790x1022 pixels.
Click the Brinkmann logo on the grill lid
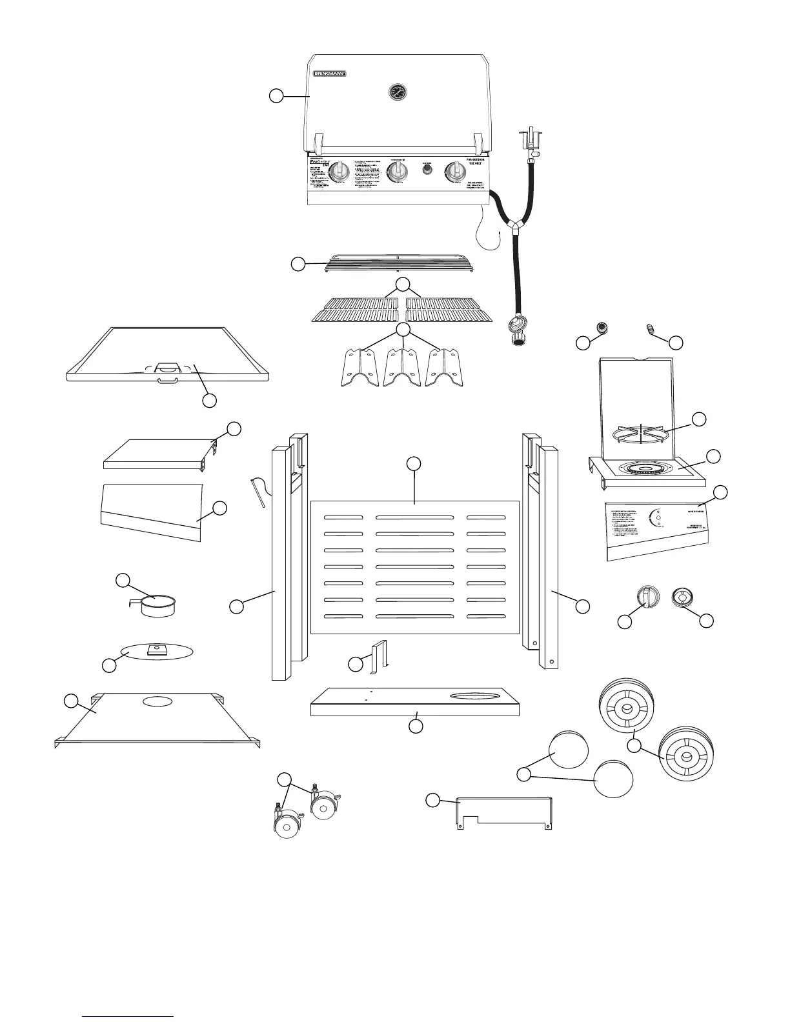tap(330, 74)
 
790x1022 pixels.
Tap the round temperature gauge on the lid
tap(398, 92)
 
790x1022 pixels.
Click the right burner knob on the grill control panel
tap(456, 172)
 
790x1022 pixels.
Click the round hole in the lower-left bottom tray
tap(157, 701)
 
